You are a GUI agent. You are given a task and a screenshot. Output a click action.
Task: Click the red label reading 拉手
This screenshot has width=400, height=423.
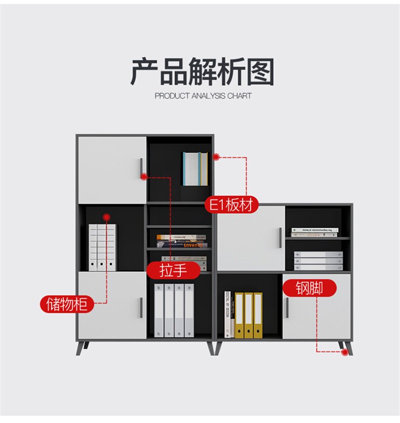tap(174, 270)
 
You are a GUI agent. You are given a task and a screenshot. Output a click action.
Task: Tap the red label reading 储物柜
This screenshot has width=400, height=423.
tap(67, 304)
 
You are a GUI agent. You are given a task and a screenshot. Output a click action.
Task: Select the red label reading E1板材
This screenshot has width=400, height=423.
tap(231, 205)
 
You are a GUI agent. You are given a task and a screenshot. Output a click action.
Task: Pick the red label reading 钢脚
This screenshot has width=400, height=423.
tap(309, 288)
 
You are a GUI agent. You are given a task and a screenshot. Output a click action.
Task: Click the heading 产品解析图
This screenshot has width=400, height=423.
tap(202, 72)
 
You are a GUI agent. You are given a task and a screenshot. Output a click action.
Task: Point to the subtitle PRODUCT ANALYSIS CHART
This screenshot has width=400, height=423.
tap(203, 96)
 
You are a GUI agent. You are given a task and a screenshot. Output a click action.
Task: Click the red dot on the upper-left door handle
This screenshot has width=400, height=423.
tap(144, 177)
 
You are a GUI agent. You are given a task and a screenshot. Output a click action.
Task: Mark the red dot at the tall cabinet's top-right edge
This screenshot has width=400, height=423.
tap(216, 157)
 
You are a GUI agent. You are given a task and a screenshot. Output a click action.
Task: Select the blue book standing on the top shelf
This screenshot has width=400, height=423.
tap(195, 168)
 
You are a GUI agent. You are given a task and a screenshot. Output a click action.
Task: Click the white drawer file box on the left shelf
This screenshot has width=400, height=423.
tap(102, 245)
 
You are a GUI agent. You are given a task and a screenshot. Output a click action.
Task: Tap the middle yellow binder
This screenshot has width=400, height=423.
tap(248, 315)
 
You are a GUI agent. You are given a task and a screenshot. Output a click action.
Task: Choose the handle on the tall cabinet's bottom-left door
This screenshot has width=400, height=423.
tap(141, 307)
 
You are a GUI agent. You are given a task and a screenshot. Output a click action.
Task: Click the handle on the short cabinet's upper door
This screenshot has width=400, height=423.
tap(280, 237)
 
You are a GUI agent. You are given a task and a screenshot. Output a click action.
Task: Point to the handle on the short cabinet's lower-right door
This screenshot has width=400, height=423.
tap(287, 307)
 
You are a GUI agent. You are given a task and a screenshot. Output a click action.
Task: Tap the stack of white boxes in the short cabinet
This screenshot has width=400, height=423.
tap(318, 261)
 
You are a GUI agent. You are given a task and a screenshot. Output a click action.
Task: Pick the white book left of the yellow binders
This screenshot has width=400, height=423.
tap(228, 314)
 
